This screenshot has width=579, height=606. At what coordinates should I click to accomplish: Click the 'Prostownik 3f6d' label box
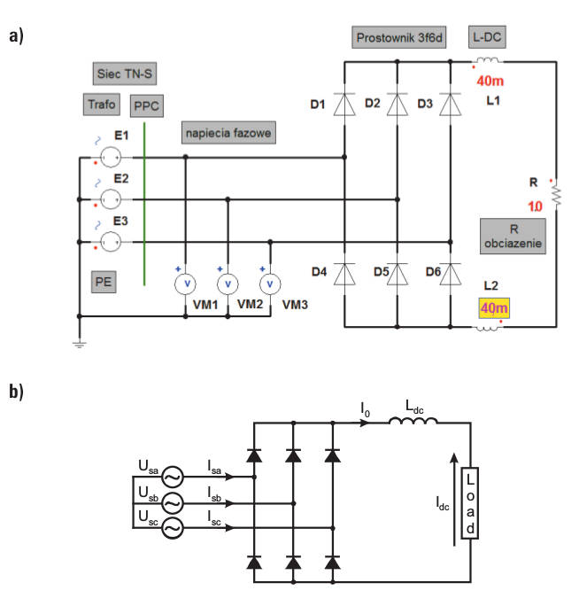[398, 37]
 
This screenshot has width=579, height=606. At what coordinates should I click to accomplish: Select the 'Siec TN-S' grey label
[124, 74]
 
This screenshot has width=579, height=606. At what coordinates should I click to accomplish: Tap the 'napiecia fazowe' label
[228, 133]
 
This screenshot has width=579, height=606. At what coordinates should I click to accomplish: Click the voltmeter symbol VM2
[228, 284]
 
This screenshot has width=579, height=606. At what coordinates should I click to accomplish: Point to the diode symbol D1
[344, 105]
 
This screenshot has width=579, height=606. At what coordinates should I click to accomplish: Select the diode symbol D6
[450, 274]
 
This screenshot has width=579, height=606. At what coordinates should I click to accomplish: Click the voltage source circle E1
[111, 158]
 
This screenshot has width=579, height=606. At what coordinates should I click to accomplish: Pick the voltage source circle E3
[111, 242]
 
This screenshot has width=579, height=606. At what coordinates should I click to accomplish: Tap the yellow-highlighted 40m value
[494, 308]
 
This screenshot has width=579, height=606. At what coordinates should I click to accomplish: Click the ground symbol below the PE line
[79, 344]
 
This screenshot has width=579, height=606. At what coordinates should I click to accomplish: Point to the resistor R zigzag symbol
[556, 195]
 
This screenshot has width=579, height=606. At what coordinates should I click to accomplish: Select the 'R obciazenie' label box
[513, 237]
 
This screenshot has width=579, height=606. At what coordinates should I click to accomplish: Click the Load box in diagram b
[470, 503]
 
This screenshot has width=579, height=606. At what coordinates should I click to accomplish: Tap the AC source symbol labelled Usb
[173, 503]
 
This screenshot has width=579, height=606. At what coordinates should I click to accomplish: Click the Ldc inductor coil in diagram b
[413, 421]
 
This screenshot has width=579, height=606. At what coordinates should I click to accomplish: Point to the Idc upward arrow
[454, 500]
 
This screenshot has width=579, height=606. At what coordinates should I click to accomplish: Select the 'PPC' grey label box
[146, 105]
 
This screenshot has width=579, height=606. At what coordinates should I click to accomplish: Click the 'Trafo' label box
[102, 105]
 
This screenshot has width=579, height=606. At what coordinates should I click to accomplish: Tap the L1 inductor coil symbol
[488, 60]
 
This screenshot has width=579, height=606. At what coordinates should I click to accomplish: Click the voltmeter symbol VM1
[185, 284]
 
